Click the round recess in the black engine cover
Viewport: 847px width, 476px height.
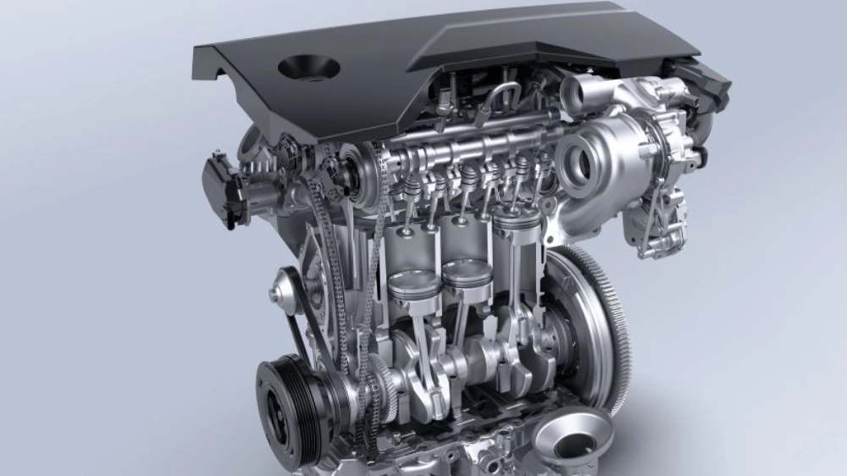pyautogui.click(x=308, y=66)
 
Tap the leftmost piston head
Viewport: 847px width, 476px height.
pyautogui.click(x=415, y=283)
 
